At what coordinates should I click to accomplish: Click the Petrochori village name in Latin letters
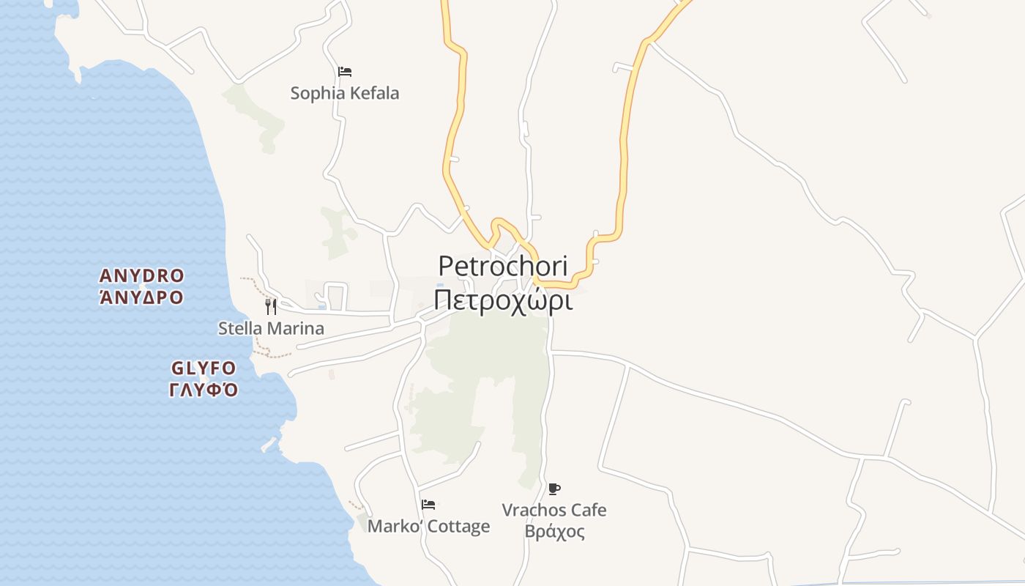click(x=502, y=266)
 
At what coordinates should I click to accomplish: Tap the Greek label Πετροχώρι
click(x=502, y=300)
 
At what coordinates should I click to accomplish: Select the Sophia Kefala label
click(x=344, y=94)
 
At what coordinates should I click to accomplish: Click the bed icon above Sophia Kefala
click(x=345, y=72)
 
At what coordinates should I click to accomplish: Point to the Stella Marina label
click(x=271, y=328)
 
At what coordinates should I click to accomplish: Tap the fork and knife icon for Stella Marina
click(x=271, y=306)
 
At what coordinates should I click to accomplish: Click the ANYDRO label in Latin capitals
click(x=141, y=276)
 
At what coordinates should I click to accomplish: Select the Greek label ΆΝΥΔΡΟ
click(x=141, y=297)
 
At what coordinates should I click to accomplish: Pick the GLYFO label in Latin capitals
click(x=204, y=368)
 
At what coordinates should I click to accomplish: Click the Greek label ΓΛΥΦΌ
click(x=204, y=389)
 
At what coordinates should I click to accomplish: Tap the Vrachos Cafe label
click(x=554, y=510)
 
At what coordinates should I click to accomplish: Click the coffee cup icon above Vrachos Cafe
click(x=554, y=489)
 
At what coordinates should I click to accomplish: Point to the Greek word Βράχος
click(x=554, y=532)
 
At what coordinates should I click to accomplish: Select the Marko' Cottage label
click(x=428, y=527)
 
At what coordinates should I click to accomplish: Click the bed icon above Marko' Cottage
click(x=428, y=505)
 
